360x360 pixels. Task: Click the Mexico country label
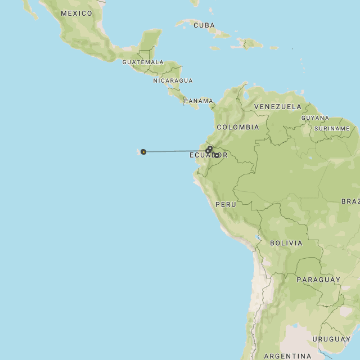76,13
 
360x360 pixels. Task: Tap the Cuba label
204,25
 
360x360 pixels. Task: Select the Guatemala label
143,62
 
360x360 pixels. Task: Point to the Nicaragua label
173,80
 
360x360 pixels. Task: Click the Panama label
199,101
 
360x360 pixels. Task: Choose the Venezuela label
277,106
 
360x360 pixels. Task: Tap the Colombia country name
238,127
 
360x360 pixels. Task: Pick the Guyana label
315,118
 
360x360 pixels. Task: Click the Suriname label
332,129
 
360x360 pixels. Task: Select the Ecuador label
208,155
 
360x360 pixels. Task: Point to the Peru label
226,204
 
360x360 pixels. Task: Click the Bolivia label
286,244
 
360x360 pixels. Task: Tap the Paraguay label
318,280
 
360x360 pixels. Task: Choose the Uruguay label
331,339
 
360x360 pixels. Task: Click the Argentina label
287,356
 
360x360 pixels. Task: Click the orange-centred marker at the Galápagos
143,151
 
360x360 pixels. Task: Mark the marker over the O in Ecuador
217,155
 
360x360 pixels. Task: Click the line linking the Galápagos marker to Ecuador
174,151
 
